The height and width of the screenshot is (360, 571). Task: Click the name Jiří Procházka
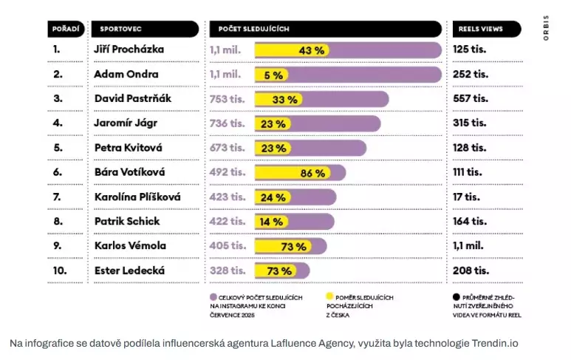point(129,50)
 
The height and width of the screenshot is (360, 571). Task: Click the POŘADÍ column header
point(65,29)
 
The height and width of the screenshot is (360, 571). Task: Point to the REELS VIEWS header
point(480,29)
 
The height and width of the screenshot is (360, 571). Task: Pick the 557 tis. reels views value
point(471,98)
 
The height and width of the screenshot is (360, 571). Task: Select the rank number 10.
point(59,270)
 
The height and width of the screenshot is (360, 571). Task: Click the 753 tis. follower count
point(227,98)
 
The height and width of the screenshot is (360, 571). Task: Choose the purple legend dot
point(213,296)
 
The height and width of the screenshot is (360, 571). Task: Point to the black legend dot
point(456,296)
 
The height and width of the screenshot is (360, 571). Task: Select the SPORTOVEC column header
point(122,29)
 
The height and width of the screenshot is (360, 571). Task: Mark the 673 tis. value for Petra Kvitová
point(227,148)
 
